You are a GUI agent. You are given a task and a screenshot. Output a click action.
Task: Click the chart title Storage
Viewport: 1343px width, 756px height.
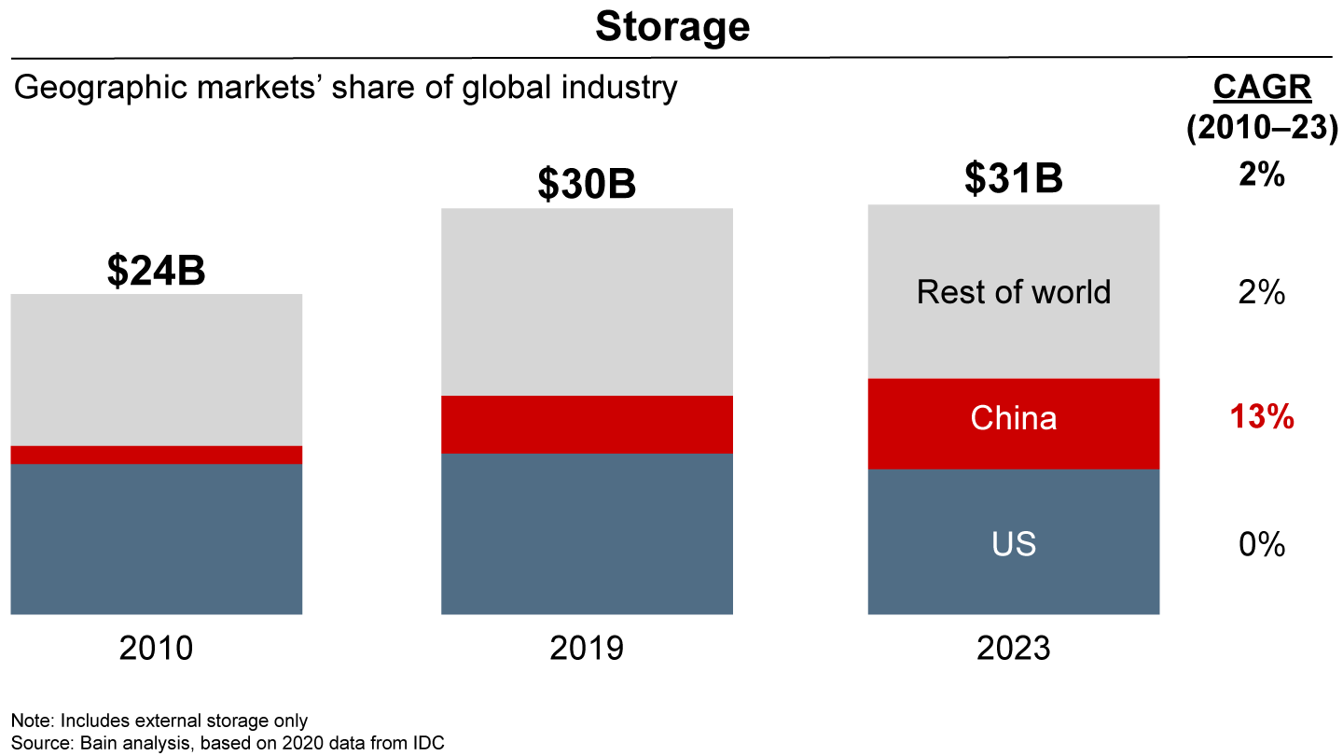(x=671, y=27)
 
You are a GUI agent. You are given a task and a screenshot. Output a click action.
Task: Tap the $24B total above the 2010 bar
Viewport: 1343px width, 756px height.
(x=156, y=270)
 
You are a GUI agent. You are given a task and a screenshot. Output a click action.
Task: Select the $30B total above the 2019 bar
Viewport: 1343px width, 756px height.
(x=587, y=184)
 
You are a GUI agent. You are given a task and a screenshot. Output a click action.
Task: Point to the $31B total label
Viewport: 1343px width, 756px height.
(x=1013, y=178)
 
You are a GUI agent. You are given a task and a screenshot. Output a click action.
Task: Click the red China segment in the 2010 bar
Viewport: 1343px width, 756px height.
(x=156, y=455)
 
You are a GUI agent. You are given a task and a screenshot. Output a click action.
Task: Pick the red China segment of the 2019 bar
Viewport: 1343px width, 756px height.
(x=587, y=425)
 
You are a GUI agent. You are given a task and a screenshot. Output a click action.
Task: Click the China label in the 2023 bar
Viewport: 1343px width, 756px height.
(x=1013, y=418)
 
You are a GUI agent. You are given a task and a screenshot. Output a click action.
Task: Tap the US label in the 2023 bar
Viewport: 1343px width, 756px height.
(x=1013, y=544)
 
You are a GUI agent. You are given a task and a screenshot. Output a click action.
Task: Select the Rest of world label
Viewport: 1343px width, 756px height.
(x=1013, y=292)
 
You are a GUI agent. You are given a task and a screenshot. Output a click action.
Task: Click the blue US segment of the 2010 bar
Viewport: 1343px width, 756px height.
(x=156, y=539)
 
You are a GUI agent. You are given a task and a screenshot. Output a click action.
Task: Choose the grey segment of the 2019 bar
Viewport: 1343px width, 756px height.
(x=587, y=301)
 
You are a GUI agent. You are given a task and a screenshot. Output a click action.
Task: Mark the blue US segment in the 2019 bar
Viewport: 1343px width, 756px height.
(x=587, y=534)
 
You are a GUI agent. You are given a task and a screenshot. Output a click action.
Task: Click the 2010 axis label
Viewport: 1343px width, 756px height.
(x=156, y=648)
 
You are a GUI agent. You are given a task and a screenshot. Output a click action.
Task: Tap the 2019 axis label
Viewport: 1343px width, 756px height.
(x=587, y=648)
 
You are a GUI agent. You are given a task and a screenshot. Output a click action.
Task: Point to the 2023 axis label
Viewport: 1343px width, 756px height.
(x=1013, y=648)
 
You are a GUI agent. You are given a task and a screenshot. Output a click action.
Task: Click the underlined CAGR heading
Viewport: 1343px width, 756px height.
(x=1262, y=88)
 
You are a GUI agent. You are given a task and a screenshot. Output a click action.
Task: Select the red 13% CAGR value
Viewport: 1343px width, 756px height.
(x=1262, y=418)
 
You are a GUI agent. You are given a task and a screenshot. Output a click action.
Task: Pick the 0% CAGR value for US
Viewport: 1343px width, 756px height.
(x=1262, y=544)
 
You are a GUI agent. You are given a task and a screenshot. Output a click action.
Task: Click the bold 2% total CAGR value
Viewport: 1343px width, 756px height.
(x=1262, y=175)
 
